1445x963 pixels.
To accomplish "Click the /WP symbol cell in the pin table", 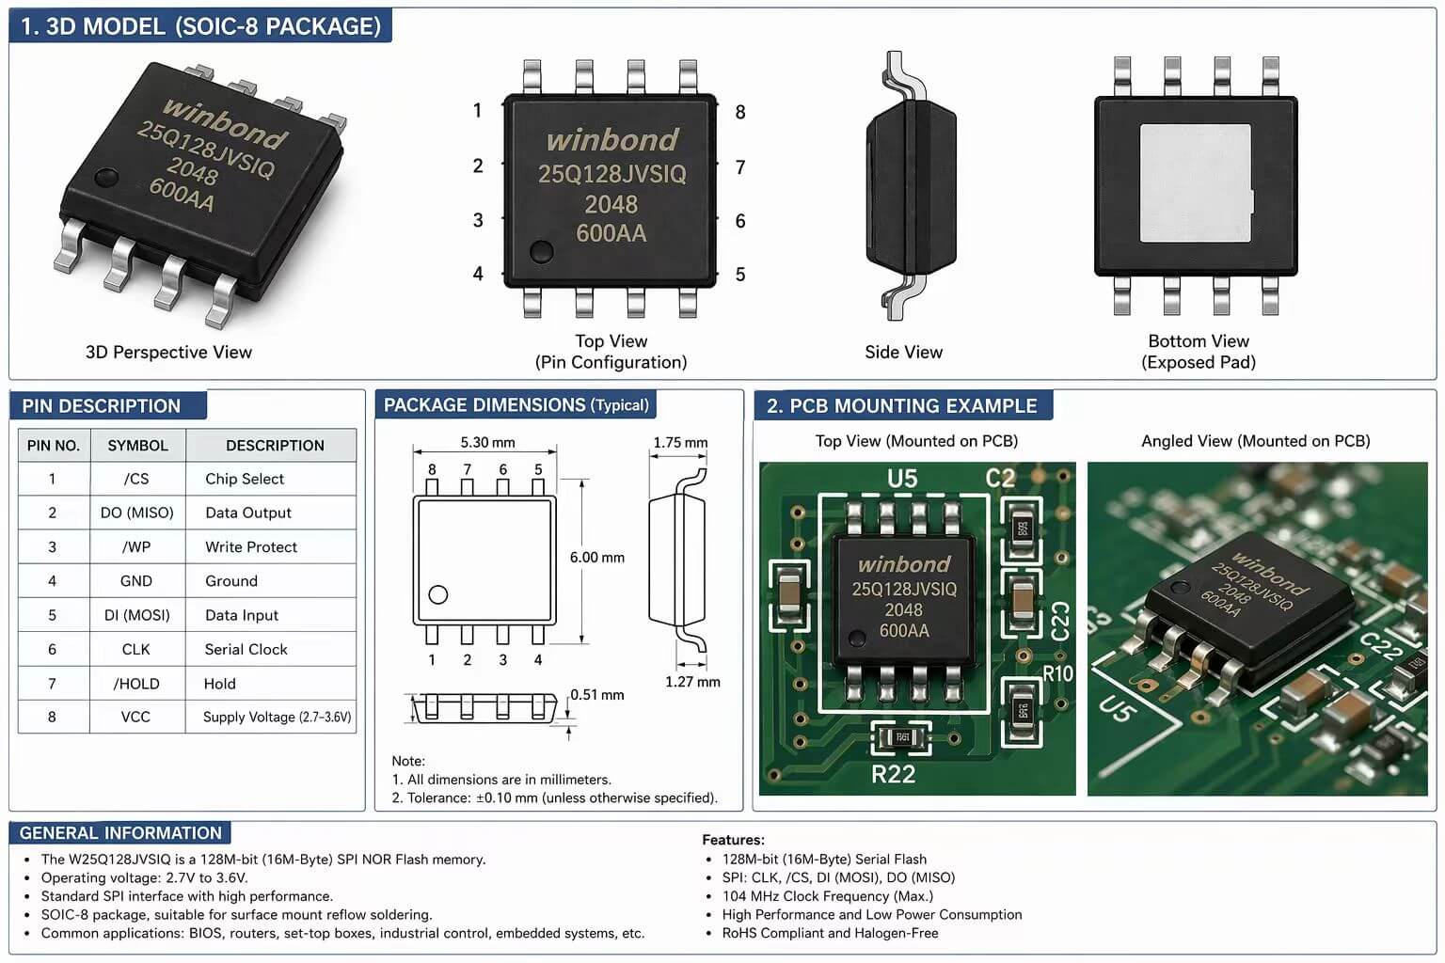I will click(136, 546).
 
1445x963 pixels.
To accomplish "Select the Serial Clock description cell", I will click(246, 649).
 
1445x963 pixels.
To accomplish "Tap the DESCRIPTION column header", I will click(275, 445).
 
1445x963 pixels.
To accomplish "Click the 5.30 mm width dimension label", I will click(487, 442).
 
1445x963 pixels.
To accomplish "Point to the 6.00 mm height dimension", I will click(596, 557).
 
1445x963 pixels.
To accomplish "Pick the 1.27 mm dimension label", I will click(692, 682).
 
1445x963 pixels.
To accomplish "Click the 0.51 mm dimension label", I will click(597, 695).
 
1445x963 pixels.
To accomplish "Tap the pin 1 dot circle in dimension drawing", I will click(437, 594).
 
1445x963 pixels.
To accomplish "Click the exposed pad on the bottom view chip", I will click(1195, 182).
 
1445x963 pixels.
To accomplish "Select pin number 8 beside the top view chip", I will click(740, 113).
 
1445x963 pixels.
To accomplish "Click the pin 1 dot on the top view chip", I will click(541, 251).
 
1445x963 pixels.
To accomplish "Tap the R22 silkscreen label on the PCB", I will click(893, 774).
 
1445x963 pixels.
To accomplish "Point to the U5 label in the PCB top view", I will click(901, 479).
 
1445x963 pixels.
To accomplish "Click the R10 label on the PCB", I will click(1057, 673).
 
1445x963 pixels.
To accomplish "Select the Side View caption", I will click(903, 352).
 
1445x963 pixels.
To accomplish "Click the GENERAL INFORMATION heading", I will click(120, 833).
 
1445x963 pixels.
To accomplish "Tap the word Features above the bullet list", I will click(733, 840).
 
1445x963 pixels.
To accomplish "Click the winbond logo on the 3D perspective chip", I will click(224, 123).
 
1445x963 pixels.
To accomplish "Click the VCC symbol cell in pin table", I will click(135, 717).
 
